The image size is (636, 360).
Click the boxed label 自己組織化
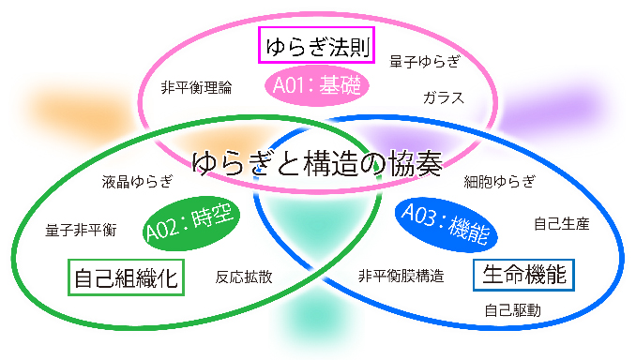[x=126, y=277]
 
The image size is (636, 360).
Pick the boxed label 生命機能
[x=524, y=275]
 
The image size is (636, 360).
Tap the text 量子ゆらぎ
[x=425, y=62]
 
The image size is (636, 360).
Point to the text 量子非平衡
[x=81, y=229]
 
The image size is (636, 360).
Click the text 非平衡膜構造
[x=401, y=276]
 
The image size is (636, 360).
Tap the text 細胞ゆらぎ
[x=500, y=181]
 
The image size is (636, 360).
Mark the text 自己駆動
[x=512, y=310]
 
